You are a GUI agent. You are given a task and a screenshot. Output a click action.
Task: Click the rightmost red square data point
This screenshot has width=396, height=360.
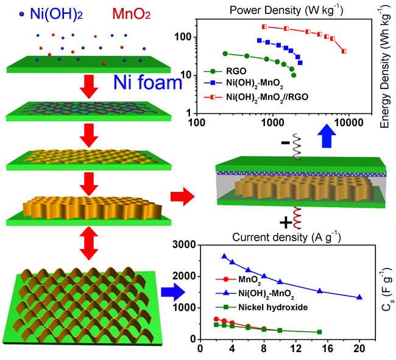(345, 51)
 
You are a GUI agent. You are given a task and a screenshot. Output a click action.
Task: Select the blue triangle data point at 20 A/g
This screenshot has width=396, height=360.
(359, 297)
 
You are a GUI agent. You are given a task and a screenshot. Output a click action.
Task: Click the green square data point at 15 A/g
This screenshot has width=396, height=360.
(319, 332)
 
